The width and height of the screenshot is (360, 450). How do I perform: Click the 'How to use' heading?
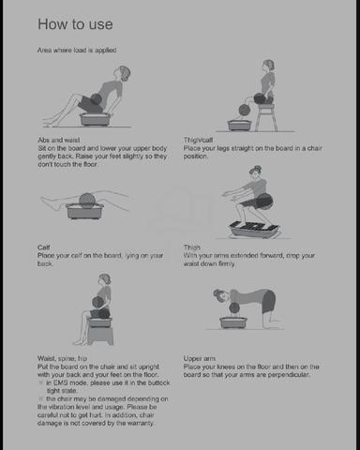pos(75,24)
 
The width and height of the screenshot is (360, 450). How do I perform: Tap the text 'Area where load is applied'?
pos(77,50)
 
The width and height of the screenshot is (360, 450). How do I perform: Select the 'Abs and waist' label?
pos(59,140)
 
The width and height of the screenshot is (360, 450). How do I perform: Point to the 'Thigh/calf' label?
pos(198,140)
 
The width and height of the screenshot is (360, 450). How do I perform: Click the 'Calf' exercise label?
pos(44,247)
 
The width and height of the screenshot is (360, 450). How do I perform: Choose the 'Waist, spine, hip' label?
pos(62,358)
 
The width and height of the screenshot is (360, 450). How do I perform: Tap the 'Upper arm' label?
pos(200,358)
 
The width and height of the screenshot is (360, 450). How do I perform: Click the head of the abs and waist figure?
pos(122,74)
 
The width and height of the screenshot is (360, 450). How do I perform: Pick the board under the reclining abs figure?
pos(95,119)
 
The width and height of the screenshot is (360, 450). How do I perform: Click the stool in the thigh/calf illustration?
pos(266,117)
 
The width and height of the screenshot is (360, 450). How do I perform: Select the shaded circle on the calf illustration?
pos(85,200)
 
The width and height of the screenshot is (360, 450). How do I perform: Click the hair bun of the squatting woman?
pos(258,169)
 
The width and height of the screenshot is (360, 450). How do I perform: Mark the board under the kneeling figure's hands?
pos(233,322)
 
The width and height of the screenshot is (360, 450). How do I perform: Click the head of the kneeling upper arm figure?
pos(221,295)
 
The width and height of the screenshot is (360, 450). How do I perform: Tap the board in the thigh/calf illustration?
pos(239,125)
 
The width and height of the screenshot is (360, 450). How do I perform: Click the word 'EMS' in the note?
pos(60,382)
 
